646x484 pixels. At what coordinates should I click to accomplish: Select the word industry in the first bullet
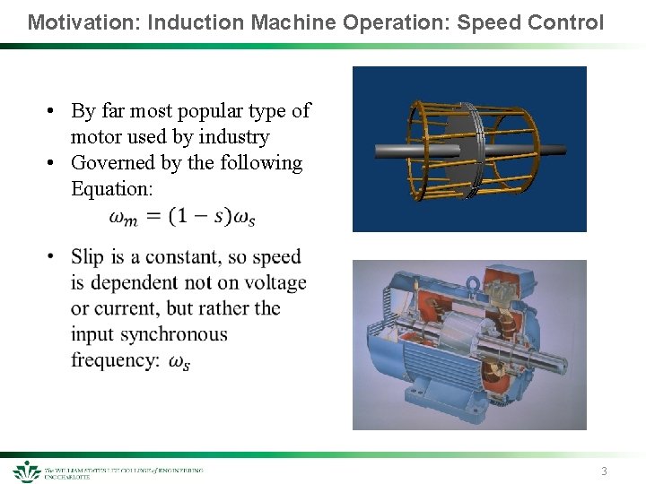click(x=234, y=137)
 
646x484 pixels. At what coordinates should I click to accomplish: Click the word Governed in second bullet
click(x=112, y=163)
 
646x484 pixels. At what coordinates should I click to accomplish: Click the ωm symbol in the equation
click(x=123, y=217)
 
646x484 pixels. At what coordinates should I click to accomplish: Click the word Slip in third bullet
click(x=87, y=257)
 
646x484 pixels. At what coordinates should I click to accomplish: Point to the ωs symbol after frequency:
click(x=179, y=362)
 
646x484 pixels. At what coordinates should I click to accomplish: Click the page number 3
click(x=604, y=471)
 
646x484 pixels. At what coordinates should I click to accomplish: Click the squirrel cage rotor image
click(x=469, y=149)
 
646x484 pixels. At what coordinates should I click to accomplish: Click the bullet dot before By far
click(x=54, y=111)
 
